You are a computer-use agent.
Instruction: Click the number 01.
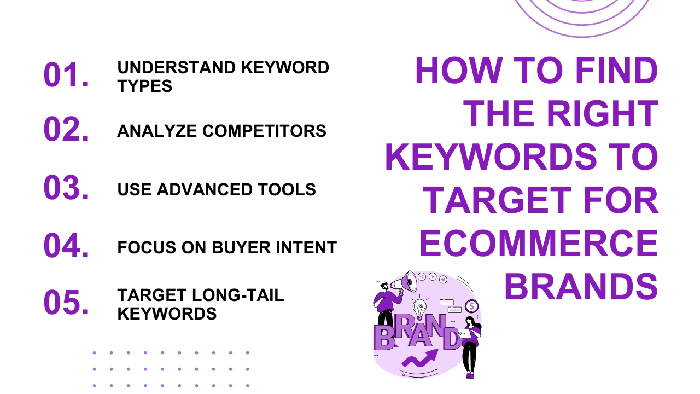66,76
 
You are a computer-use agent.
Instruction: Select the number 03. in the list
66,188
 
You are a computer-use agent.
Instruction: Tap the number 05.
66,303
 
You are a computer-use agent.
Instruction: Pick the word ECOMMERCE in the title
538,244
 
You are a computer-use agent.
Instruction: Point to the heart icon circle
443,279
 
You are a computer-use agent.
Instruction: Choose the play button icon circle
433,276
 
